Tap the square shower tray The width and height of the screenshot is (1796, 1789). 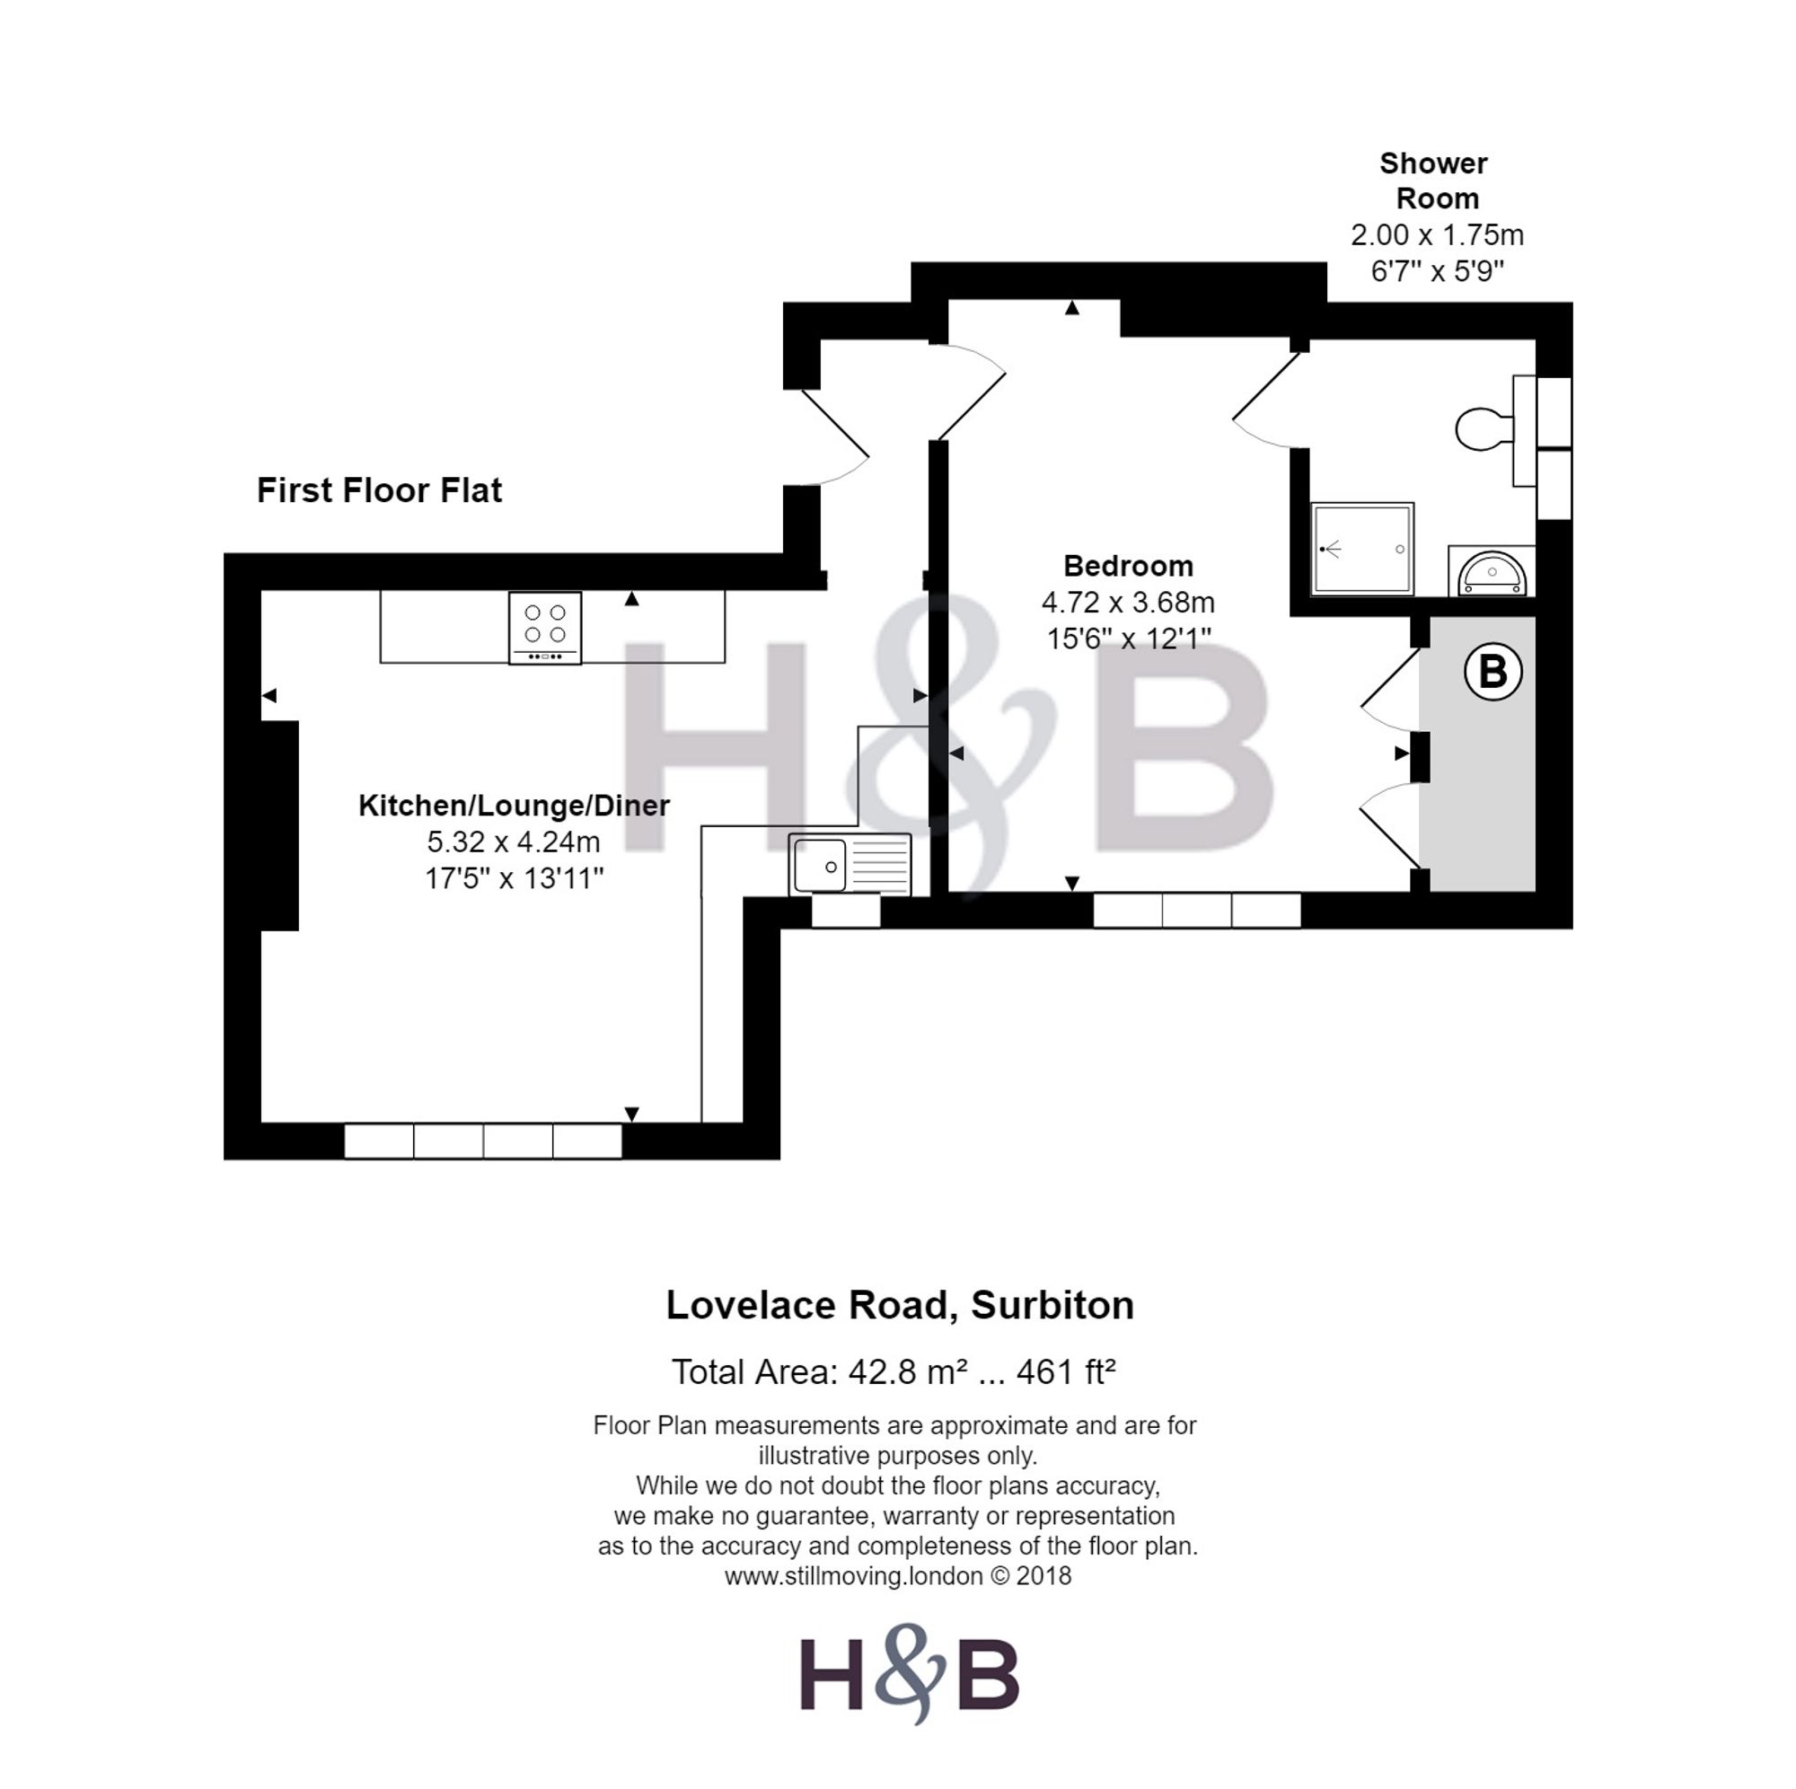click(x=1362, y=549)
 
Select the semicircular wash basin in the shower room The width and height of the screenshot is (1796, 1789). click(x=1491, y=571)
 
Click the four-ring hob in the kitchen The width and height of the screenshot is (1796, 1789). click(x=545, y=628)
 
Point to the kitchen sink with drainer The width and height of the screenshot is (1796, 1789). click(x=850, y=865)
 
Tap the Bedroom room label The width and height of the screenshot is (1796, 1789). click(x=1128, y=565)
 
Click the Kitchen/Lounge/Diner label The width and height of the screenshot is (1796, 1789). click(x=513, y=806)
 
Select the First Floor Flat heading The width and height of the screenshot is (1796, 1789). click(x=379, y=490)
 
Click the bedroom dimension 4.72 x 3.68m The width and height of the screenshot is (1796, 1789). click(x=1128, y=603)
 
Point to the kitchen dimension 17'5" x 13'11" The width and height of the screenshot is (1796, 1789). click(x=514, y=877)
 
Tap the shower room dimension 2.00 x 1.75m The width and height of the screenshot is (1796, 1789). click(x=1436, y=235)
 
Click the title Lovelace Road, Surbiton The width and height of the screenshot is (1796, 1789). click(x=900, y=1306)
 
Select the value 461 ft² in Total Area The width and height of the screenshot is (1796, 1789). click(x=1065, y=1372)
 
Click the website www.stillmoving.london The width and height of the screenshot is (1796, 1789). click(x=853, y=1576)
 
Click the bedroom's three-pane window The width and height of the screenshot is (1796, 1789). click(x=1196, y=911)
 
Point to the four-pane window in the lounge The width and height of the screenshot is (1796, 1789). click(x=482, y=1141)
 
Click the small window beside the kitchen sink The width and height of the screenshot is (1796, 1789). click(x=846, y=912)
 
